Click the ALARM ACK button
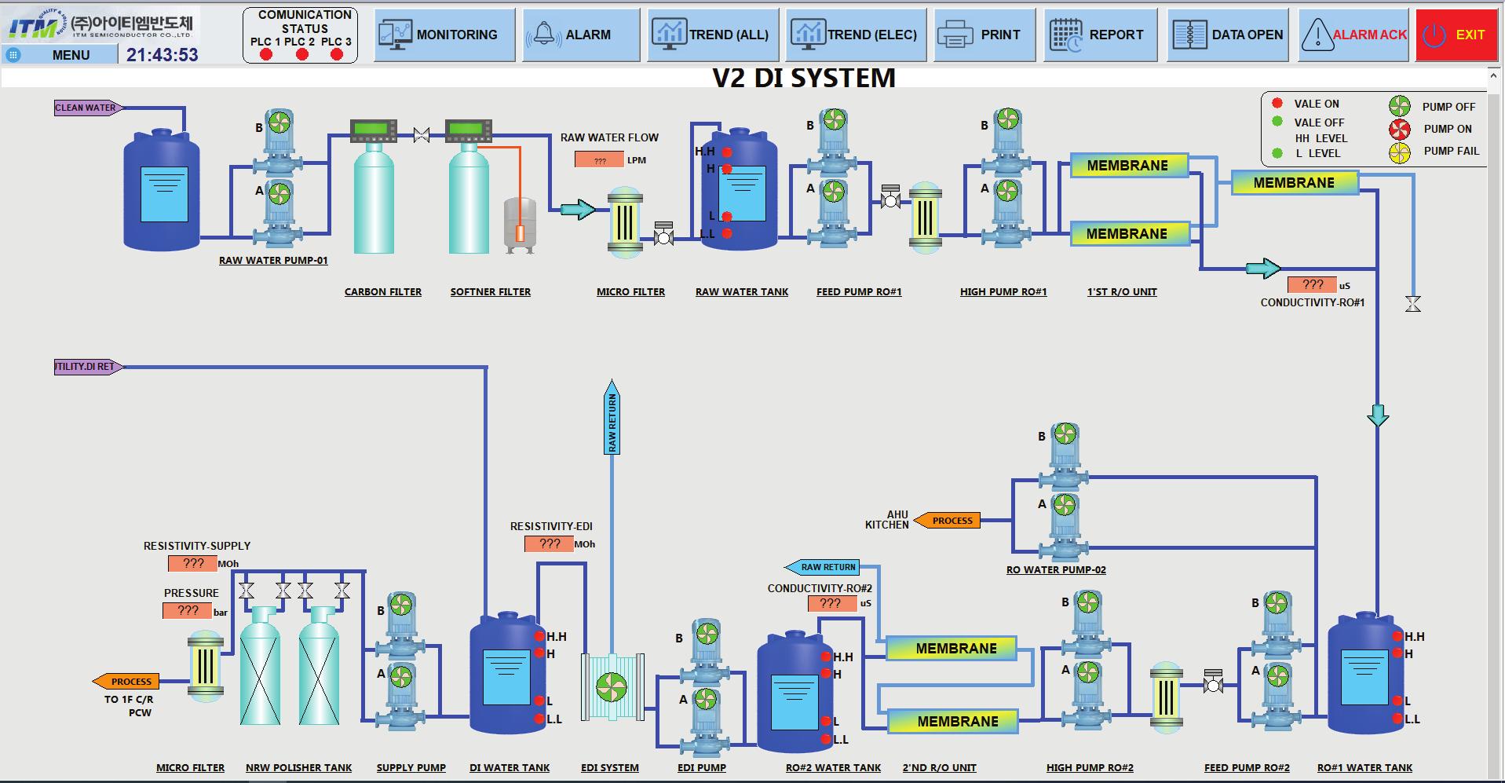pyautogui.click(x=1356, y=35)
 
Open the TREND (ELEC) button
pyautogui.click(x=856, y=35)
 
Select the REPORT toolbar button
pyautogui.click(x=1100, y=35)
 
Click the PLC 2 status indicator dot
pyautogui.click(x=301, y=54)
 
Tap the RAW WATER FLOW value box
pyautogui.click(x=599, y=160)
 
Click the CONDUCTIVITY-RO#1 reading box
pyautogui.click(x=1313, y=284)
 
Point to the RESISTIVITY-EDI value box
pyautogui.click(x=549, y=543)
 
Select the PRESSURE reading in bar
pyautogui.click(x=188, y=610)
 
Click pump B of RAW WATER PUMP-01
pyautogui.click(x=279, y=123)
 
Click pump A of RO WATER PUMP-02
pyautogui.click(x=1064, y=505)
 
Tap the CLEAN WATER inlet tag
pyautogui.click(x=86, y=108)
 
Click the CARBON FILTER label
pyautogui.click(x=382, y=291)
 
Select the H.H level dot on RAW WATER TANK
pyautogui.click(x=727, y=152)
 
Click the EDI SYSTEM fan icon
pyautogui.click(x=612, y=687)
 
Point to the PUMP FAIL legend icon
pyautogui.click(x=1399, y=152)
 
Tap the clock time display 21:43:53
pyautogui.click(x=163, y=55)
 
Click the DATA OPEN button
pyautogui.click(x=1228, y=35)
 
